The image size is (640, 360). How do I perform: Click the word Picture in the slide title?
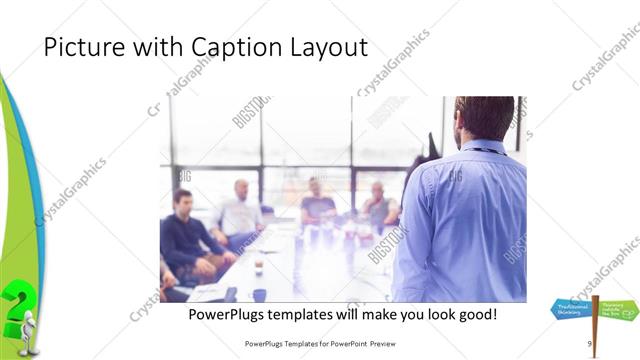(x=81, y=47)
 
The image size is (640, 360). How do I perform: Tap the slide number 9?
(x=589, y=344)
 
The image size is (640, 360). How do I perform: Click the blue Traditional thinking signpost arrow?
(x=572, y=310)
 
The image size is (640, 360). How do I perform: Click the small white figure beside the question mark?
(x=30, y=330)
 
